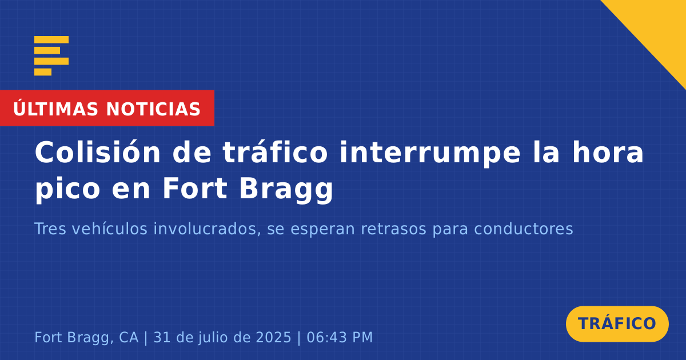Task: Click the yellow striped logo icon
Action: (51, 56)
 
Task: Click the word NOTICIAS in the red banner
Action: (153, 109)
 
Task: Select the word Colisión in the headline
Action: (97, 153)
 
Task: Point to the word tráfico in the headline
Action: (276, 153)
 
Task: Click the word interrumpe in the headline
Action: (430, 154)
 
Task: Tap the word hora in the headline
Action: (608, 153)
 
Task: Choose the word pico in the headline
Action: (67, 190)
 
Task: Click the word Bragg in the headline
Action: (286, 190)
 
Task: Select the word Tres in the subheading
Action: (50, 229)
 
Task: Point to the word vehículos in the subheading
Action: (110, 229)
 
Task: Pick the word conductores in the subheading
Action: (524, 229)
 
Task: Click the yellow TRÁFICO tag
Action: (617, 324)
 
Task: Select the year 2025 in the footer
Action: (273, 338)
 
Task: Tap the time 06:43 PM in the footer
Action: (340, 338)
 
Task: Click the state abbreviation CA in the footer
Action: (129, 338)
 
